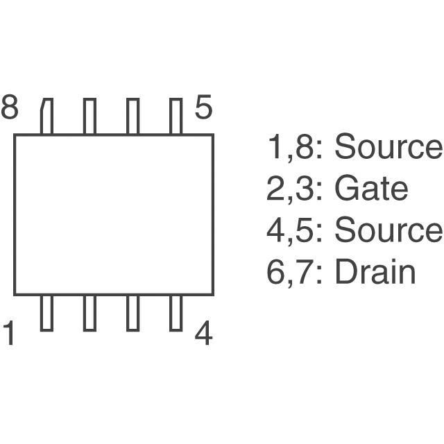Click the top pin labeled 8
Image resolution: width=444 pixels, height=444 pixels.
[47, 116]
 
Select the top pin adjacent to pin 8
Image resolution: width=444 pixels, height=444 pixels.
[89, 116]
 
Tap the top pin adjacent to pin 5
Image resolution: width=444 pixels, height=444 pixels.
[133, 116]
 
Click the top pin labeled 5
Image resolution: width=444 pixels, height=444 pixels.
[176, 116]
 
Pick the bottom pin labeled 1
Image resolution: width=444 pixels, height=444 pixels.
[47, 312]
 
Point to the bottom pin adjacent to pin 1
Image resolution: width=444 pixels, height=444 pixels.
[89, 312]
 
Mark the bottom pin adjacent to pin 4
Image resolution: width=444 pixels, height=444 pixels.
[133, 312]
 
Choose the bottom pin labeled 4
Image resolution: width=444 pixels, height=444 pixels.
[176, 312]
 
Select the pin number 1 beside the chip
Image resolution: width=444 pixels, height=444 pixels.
[10, 334]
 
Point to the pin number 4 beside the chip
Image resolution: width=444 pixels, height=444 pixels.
[203, 334]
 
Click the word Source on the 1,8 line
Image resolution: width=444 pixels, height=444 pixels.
[388, 147]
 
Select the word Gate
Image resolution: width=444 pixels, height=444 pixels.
[370, 189]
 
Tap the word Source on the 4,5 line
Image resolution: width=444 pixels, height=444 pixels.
[388, 231]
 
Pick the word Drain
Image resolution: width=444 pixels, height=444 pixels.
[375, 273]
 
